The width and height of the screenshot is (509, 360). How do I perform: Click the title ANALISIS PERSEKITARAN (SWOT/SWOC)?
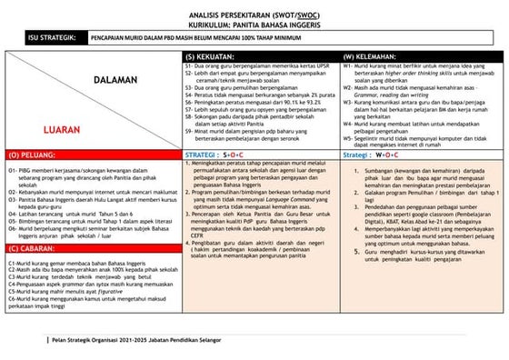254,15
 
